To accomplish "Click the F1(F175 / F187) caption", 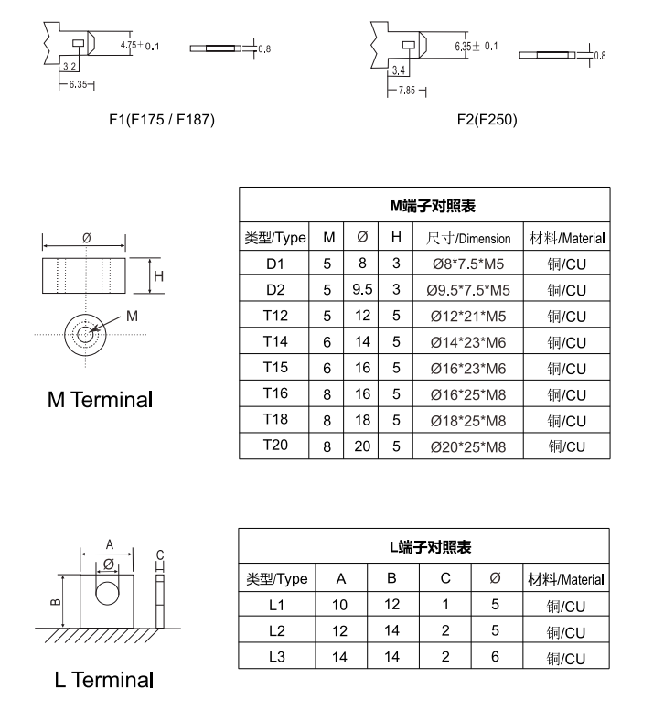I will point(162,119).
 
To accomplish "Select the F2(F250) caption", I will point(487,119).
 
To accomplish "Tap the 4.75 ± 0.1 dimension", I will point(139,46).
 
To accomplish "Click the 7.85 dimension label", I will point(408,91).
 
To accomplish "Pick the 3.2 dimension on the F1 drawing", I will point(70,67).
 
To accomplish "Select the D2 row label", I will point(275,290).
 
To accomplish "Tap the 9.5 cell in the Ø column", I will point(362,290).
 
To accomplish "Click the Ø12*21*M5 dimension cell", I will point(468,317).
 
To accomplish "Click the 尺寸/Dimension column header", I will point(468,238).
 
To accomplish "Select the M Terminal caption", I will point(101,400).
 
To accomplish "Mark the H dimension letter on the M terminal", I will point(158,276).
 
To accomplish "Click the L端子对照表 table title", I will point(424,547).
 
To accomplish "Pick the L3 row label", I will point(277,656).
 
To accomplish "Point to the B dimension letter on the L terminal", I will point(55,601).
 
